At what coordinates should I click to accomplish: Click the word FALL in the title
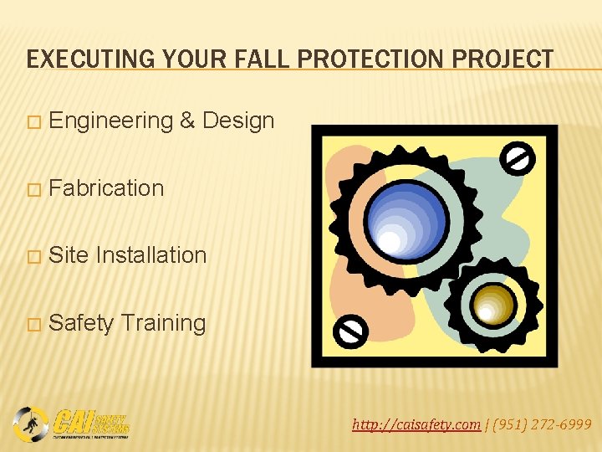tap(276, 59)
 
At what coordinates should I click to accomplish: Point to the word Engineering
tap(110, 121)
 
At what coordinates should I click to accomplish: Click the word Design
tap(238, 121)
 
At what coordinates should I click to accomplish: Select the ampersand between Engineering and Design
tap(187, 121)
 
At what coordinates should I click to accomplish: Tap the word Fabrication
tap(106, 188)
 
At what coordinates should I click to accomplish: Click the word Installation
tap(151, 255)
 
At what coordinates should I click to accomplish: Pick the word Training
tap(163, 323)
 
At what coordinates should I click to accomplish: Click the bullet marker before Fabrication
tap(33, 189)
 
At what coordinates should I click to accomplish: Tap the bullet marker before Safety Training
tap(33, 324)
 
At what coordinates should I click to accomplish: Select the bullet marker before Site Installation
tap(33, 256)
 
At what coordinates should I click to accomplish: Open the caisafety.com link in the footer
tap(416, 425)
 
